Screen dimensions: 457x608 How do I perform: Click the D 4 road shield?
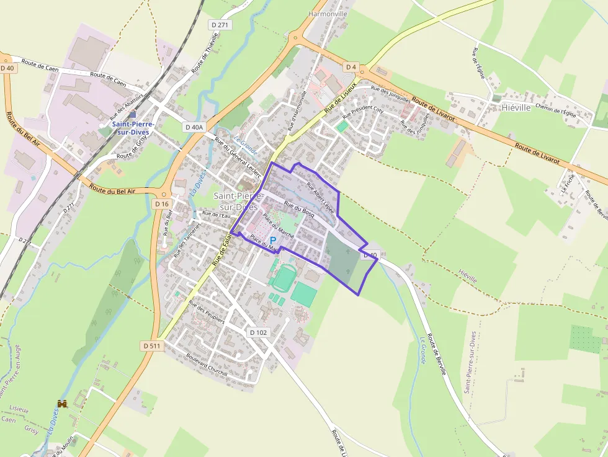pyautogui.click(x=352, y=66)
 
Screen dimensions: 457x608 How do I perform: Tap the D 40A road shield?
pyautogui.click(x=194, y=126)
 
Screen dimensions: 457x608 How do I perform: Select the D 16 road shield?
pyautogui.click(x=162, y=203)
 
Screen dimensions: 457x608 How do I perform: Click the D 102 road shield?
pyautogui.click(x=258, y=332)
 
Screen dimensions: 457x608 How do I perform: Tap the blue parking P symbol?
pyautogui.click(x=272, y=241)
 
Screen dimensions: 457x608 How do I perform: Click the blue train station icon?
pyautogui.click(x=133, y=114)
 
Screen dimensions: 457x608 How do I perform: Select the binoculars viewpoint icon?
pyautogui.click(x=62, y=404)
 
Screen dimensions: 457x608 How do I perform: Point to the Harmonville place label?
pyautogui.click(x=328, y=14)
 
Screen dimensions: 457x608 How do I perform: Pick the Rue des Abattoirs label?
pyautogui.click(x=126, y=106)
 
